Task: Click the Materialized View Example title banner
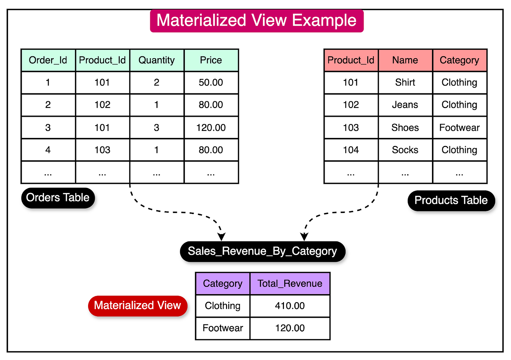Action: click(x=257, y=21)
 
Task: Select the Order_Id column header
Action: click(x=48, y=60)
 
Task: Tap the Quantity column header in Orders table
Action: click(x=157, y=60)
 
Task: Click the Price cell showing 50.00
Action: click(x=211, y=82)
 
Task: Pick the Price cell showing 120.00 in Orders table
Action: click(x=211, y=128)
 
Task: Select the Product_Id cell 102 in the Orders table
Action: click(x=102, y=105)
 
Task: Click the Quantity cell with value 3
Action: click(x=157, y=128)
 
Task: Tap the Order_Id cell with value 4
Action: click(x=48, y=150)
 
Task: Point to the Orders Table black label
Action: click(x=58, y=198)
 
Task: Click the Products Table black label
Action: click(x=451, y=200)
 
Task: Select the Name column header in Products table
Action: click(x=405, y=60)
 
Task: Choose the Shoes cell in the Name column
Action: click(x=405, y=128)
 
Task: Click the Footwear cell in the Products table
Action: click(x=459, y=128)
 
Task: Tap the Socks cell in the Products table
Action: click(x=405, y=150)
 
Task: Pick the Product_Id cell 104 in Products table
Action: click(x=351, y=150)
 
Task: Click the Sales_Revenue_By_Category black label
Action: click(x=263, y=251)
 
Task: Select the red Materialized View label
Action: click(x=138, y=306)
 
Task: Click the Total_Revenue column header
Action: click(x=290, y=284)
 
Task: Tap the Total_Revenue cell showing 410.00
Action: click(x=290, y=306)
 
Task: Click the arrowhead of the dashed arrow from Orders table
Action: click(x=221, y=237)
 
